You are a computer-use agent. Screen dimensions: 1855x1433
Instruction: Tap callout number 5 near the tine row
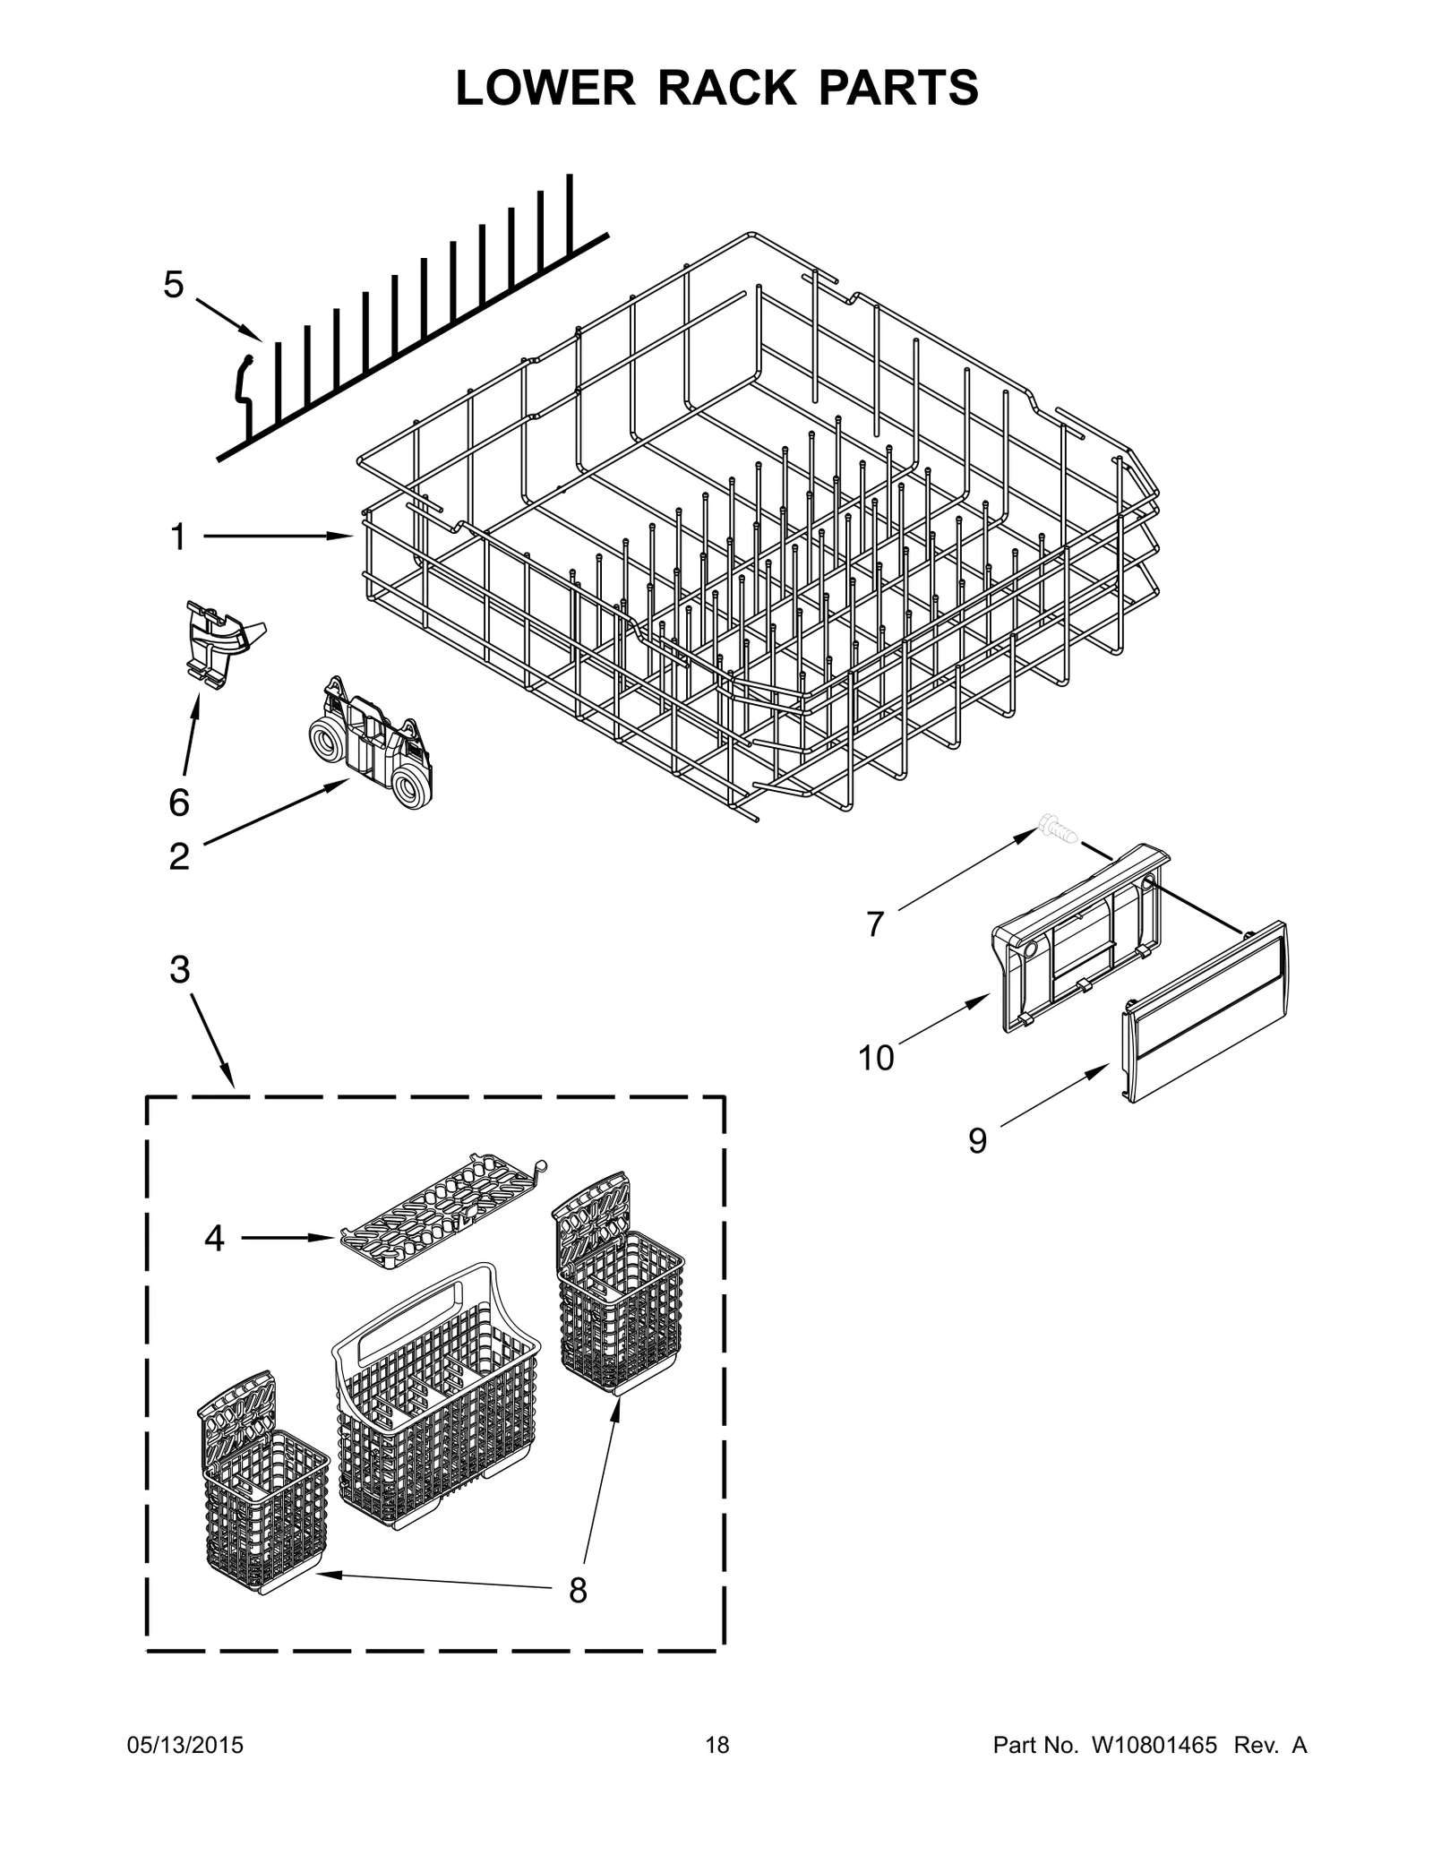coord(173,285)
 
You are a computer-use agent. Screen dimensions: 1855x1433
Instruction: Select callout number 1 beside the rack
coord(177,537)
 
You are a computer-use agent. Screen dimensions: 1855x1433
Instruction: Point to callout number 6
coord(178,803)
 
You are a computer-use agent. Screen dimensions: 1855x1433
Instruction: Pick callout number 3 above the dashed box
coord(179,969)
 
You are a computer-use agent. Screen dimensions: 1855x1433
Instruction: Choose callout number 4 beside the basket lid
coord(213,1238)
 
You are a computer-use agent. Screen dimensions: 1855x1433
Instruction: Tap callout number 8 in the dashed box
coord(578,1590)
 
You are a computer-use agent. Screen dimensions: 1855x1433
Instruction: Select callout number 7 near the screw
coord(875,923)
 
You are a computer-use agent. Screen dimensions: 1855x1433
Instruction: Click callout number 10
coord(875,1058)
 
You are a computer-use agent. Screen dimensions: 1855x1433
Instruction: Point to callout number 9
coord(977,1140)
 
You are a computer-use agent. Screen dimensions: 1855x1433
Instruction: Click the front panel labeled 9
coord(1205,1012)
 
